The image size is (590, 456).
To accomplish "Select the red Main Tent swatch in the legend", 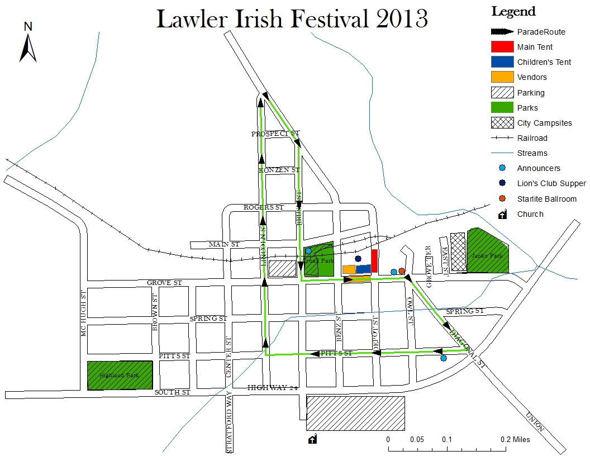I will pyautogui.click(x=502, y=47).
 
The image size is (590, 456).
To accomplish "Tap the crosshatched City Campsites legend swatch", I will pyautogui.click(x=502, y=122).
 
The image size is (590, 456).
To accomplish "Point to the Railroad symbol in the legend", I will pyautogui.click(x=502, y=138).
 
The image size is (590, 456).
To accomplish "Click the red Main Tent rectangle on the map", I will pyautogui.click(x=374, y=262).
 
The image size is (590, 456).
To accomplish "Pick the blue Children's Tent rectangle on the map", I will pyautogui.click(x=363, y=269).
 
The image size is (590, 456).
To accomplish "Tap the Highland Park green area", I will pyautogui.click(x=120, y=376).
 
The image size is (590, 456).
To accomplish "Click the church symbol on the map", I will pyautogui.click(x=313, y=439).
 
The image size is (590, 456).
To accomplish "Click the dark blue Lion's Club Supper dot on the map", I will pyautogui.click(x=358, y=259).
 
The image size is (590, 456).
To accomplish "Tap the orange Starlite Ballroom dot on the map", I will pyautogui.click(x=401, y=271).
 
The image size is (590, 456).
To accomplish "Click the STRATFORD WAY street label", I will pyautogui.click(x=229, y=422).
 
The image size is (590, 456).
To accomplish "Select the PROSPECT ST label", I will pyautogui.click(x=275, y=134).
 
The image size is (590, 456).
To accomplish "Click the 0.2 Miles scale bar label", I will pyautogui.click(x=515, y=439).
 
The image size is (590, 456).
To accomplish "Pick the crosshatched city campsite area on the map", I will pyautogui.click(x=458, y=252).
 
